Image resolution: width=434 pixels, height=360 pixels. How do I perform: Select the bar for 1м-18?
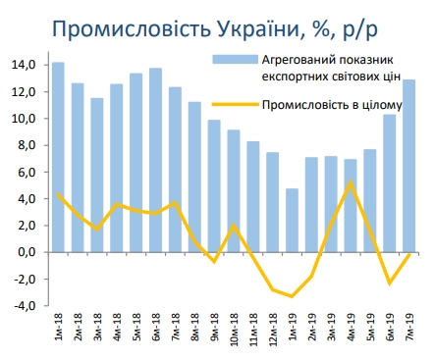(x=59, y=157)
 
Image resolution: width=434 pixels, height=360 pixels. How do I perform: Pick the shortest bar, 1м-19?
(x=292, y=220)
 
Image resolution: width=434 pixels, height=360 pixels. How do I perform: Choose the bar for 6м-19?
(x=389, y=182)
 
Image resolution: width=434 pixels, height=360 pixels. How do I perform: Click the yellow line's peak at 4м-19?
(x=351, y=182)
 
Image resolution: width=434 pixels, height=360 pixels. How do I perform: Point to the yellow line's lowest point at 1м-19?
(x=292, y=295)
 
